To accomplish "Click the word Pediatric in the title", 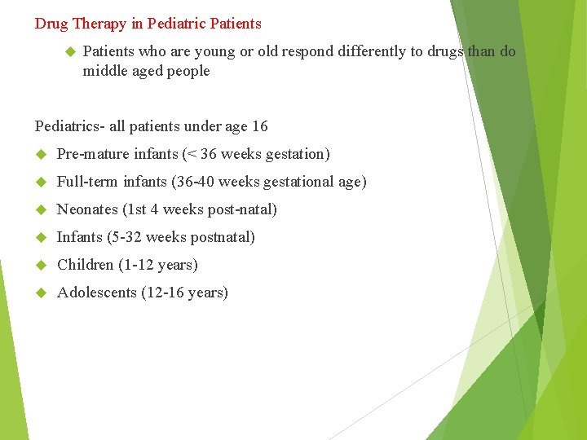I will (177, 24).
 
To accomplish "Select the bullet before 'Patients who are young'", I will (69, 51).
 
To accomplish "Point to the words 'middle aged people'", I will (146, 71).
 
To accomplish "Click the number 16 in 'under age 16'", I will (259, 126).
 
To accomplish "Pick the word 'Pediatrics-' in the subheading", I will (70, 126).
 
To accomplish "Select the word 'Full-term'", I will (88, 182).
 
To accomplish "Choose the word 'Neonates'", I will (87, 209).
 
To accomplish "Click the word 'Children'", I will (85, 265).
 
